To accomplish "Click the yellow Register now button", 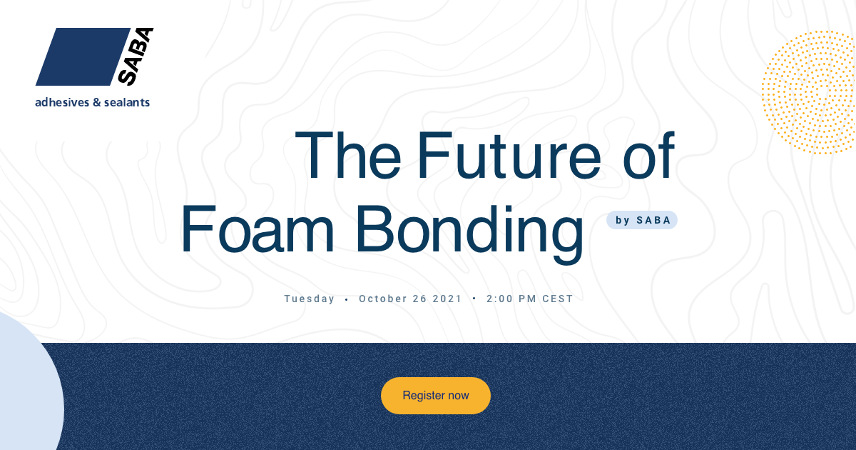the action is [436, 396].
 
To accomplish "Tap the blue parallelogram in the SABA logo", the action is [83, 56].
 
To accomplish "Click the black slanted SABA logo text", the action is [136, 56].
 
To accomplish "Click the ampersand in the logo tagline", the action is [97, 103].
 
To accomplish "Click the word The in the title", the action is [348, 156].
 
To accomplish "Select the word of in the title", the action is [648, 156].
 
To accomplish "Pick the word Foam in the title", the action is [258, 229].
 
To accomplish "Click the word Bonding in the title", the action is [469, 234].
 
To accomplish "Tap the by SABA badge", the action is [642, 220].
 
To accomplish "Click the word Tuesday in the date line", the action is [309, 299].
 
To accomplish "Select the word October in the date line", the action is [382, 299].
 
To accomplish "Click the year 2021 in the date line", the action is [447, 299].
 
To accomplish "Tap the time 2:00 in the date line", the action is [499, 299].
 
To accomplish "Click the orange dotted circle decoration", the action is [809, 93].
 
